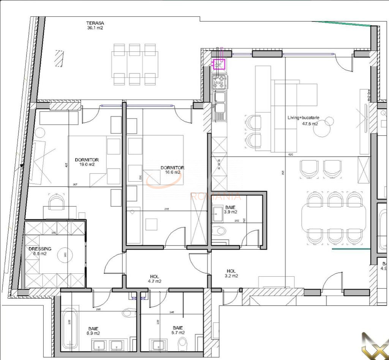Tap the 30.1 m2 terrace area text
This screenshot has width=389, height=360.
tap(95, 28)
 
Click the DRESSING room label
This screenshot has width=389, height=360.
tap(40, 249)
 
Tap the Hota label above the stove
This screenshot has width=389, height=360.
tap(218, 82)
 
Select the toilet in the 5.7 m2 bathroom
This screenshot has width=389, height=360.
tap(183, 344)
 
